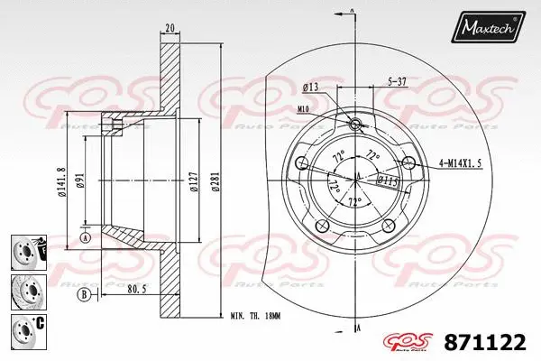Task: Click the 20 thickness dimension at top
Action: point(169,28)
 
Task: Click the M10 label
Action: point(302,109)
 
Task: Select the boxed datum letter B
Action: point(84,294)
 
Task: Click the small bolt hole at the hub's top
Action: point(354,124)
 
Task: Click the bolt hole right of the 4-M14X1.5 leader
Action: point(411,163)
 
